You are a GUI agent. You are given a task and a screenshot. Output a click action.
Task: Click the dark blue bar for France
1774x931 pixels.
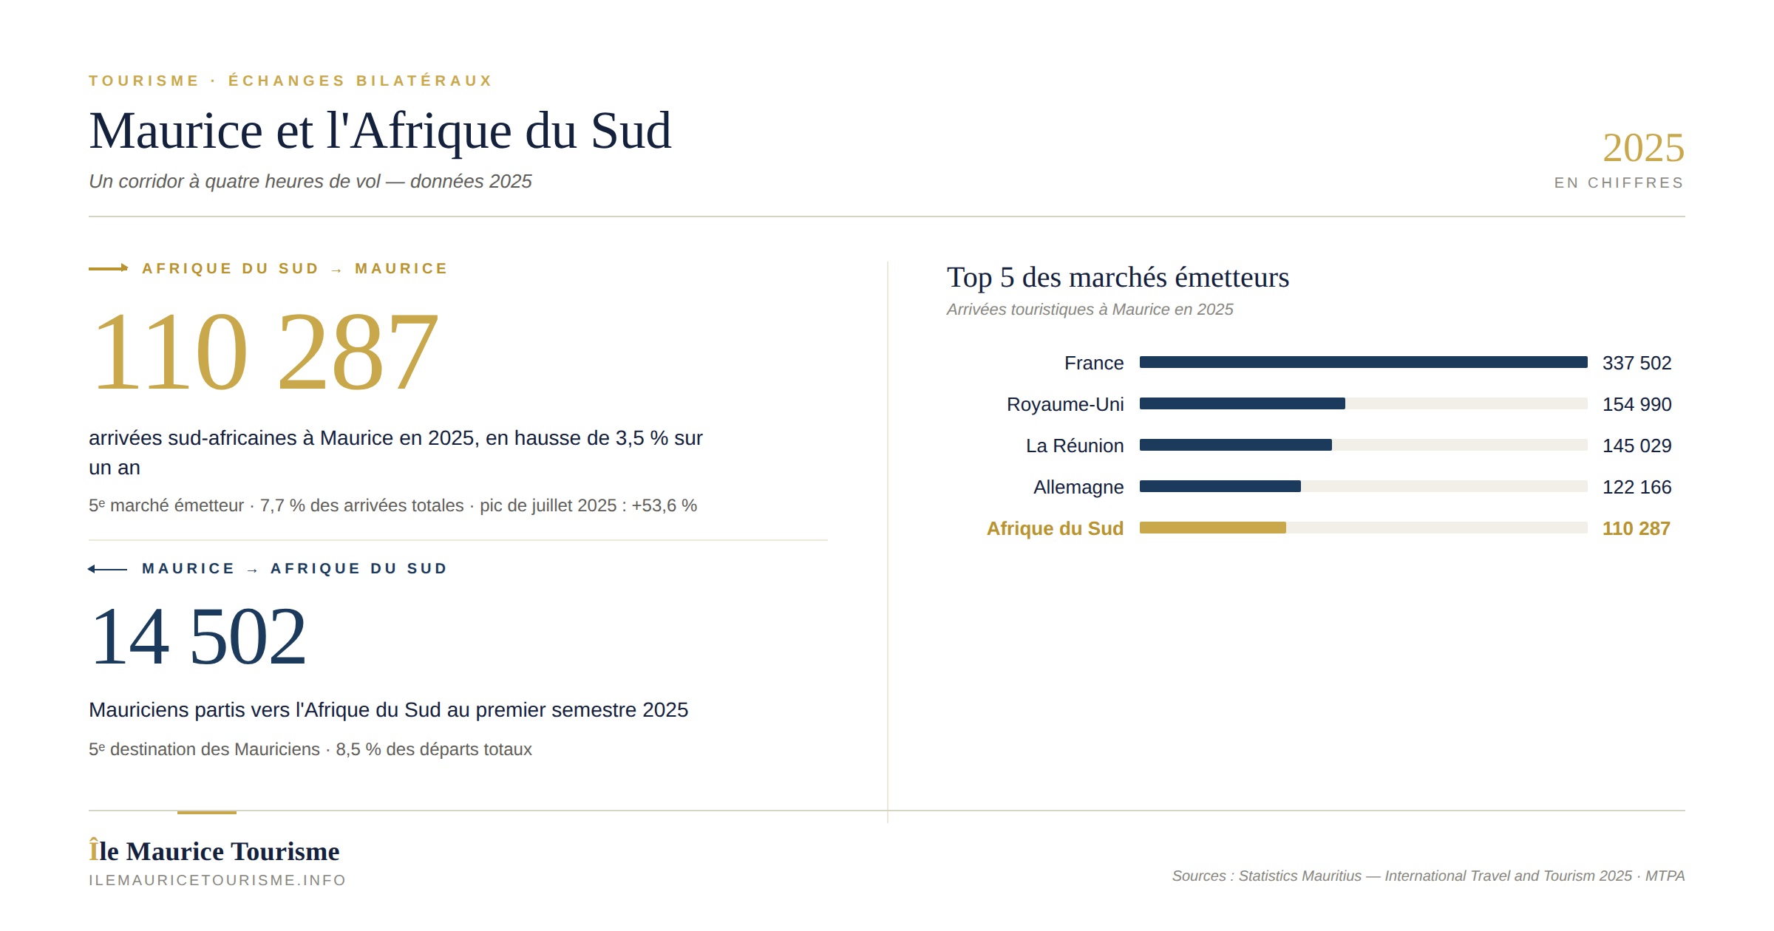tap(1363, 362)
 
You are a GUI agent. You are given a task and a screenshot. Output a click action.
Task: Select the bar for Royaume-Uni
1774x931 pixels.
tap(1243, 403)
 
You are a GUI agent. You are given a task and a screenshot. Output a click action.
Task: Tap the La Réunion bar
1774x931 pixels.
tap(1236, 445)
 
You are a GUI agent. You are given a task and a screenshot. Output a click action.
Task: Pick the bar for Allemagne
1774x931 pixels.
tap(1220, 486)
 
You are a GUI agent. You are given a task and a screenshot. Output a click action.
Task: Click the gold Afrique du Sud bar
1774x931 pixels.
tap(1213, 528)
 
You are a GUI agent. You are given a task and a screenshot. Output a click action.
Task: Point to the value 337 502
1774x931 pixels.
tap(1637, 363)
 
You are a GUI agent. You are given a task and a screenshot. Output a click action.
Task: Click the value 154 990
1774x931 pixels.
tap(1637, 404)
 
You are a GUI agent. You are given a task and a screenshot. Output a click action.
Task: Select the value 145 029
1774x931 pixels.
tap(1637, 446)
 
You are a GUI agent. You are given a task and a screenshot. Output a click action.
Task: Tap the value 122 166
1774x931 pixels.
tap(1637, 487)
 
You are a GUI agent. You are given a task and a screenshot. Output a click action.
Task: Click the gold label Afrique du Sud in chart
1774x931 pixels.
tap(1055, 528)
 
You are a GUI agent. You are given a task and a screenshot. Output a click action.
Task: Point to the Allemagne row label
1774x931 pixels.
tap(1078, 487)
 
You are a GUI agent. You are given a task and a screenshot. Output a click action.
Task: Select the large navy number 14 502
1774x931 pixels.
tap(198, 636)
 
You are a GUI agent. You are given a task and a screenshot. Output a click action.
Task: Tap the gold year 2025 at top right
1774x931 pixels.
tap(1643, 148)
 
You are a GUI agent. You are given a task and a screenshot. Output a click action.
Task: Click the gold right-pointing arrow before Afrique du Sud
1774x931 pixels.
tap(109, 268)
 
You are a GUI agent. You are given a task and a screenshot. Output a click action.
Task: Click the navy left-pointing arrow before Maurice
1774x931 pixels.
tap(107, 568)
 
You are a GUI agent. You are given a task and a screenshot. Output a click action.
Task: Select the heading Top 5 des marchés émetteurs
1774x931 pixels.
tap(1118, 277)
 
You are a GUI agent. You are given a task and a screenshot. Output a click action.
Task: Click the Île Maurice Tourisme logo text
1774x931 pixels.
tap(214, 850)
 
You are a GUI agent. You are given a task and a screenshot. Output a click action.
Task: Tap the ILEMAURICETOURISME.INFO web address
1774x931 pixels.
tap(217, 880)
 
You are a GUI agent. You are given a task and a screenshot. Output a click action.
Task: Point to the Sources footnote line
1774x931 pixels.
tap(1428, 876)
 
